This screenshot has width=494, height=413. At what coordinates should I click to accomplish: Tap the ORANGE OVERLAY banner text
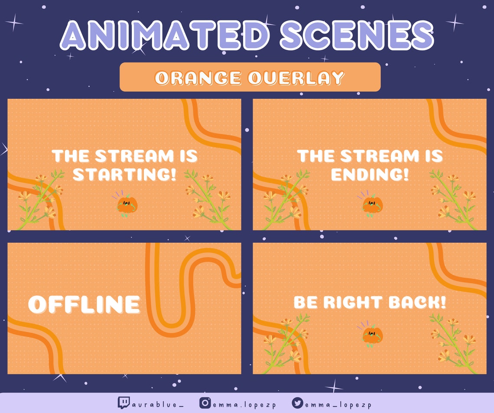[x=250, y=78]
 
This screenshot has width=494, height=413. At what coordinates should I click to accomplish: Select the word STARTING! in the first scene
[x=125, y=174]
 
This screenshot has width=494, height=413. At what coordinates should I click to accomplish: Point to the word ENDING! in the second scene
[x=370, y=174]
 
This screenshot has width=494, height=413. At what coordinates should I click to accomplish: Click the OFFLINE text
[x=84, y=304]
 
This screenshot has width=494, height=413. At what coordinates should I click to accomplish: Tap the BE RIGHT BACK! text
[x=370, y=302]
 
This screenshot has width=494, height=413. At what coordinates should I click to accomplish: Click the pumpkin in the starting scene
[x=127, y=205]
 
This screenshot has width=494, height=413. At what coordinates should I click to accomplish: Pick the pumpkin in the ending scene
[x=372, y=205]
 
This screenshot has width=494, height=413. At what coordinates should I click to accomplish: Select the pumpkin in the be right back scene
[x=372, y=336]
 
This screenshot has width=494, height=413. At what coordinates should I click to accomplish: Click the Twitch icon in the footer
[x=123, y=403]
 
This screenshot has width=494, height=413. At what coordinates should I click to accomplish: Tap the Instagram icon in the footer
[x=205, y=403]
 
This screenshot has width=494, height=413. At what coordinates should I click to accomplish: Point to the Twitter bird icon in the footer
[x=297, y=403]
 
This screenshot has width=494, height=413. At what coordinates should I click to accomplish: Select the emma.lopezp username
[x=244, y=404]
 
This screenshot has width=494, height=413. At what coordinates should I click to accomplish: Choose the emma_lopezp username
[x=338, y=404]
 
